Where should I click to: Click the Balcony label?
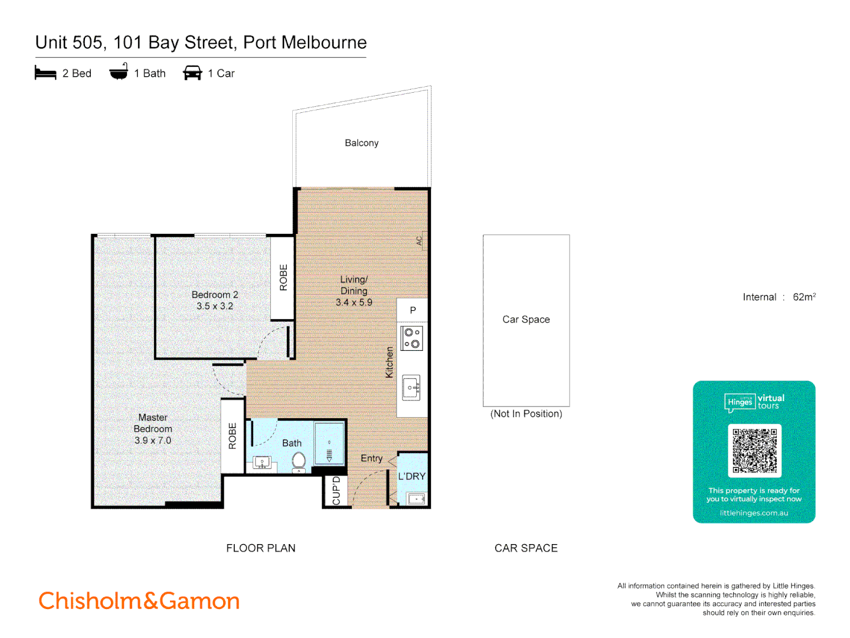click(361, 143)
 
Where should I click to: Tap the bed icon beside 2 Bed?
click(45, 73)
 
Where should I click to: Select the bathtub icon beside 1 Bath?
click(119, 72)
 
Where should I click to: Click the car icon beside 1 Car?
click(192, 73)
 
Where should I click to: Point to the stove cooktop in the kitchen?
click(411, 338)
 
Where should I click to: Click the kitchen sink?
click(411, 388)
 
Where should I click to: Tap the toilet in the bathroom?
click(299, 462)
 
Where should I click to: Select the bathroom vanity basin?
click(261, 463)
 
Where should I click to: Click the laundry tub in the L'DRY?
click(416, 499)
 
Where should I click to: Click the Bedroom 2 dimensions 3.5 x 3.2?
click(215, 306)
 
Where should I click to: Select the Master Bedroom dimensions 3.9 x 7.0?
click(152, 440)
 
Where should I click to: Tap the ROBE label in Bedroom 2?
click(283, 277)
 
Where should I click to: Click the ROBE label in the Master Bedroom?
click(233, 436)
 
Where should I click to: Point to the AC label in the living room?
click(419, 240)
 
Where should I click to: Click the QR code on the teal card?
click(754, 451)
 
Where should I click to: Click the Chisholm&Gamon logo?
click(139, 601)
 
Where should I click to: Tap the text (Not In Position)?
click(526, 414)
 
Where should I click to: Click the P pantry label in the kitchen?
click(413, 310)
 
